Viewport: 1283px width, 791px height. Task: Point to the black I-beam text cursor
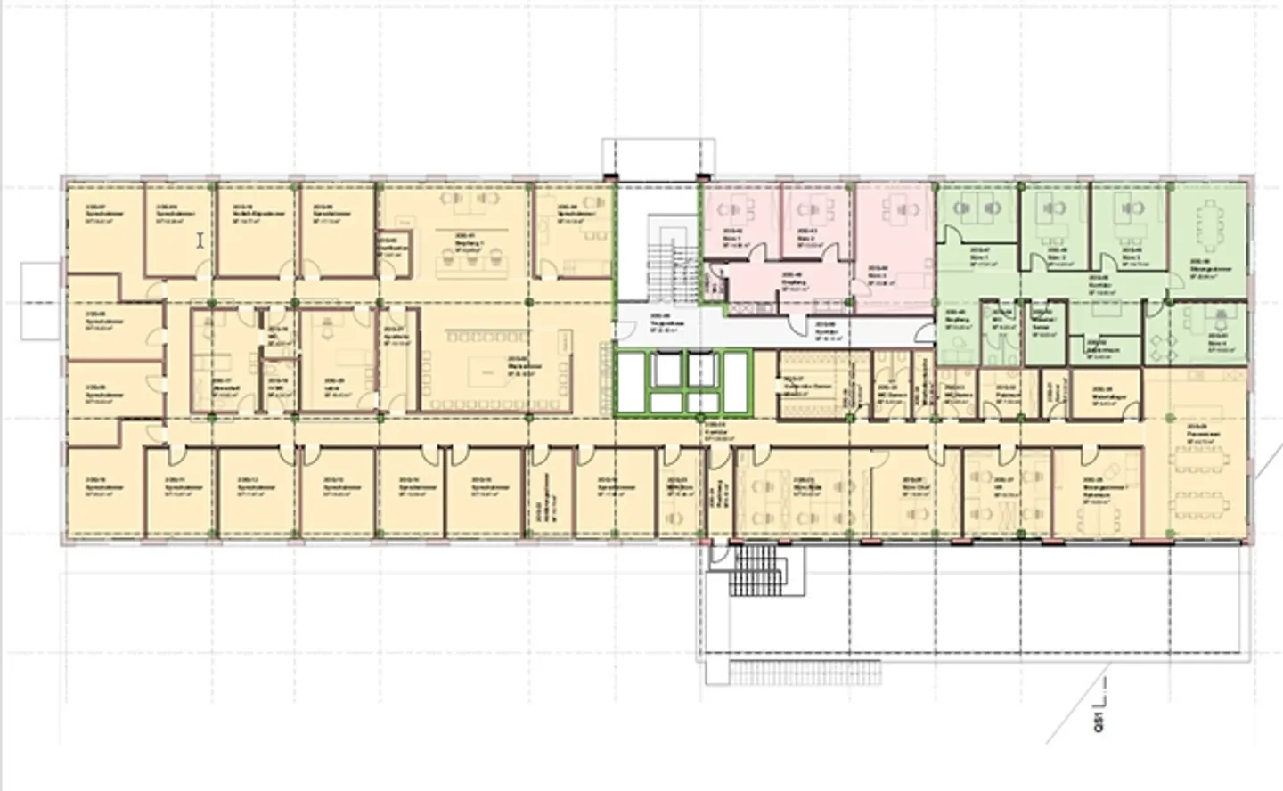click(201, 241)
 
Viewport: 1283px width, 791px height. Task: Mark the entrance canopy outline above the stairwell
click(659, 156)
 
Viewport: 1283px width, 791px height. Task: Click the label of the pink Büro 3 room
click(878, 272)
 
